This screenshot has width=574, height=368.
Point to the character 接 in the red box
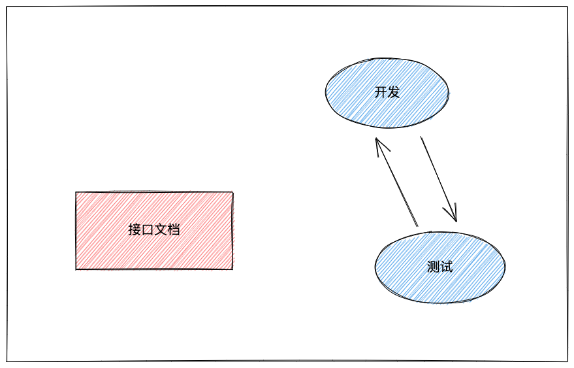coord(135,230)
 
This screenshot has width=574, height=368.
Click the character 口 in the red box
coord(148,230)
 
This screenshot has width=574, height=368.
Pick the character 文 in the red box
coord(161,230)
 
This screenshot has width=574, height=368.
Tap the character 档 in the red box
coord(174,230)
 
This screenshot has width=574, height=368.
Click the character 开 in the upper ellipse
coord(381,92)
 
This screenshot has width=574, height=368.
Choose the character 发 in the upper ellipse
coord(393,92)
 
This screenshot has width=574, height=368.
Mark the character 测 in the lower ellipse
coord(433,267)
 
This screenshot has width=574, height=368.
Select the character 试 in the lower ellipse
coord(446,267)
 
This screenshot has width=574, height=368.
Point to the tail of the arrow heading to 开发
coord(417,226)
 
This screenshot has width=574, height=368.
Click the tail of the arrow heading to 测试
coord(421,137)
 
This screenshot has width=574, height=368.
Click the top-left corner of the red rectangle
coord(76,192)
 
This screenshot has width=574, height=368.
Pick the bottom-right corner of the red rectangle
coord(232,269)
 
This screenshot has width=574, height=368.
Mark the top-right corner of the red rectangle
coord(232,192)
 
